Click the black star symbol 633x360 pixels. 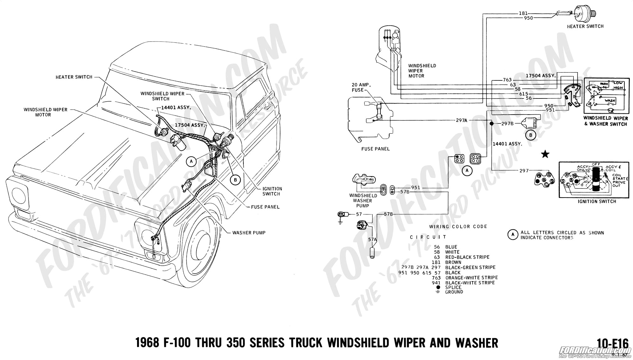point(545,155)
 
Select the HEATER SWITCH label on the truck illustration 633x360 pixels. point(74,77)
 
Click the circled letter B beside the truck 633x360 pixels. point(235,180)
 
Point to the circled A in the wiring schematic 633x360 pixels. point(467,171)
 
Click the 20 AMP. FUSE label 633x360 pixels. point(361,87)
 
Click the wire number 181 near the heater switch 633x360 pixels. point(523,13)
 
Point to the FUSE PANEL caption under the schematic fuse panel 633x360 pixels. point(375,149)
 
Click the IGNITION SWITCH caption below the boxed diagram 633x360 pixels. point(597,201)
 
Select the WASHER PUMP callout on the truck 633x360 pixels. point(249,233)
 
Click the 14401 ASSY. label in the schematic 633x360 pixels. point(507,144)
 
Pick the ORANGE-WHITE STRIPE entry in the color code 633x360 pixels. point(471,278)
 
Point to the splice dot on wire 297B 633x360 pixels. point(492,124)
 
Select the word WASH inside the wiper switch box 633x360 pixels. point(610,101)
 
